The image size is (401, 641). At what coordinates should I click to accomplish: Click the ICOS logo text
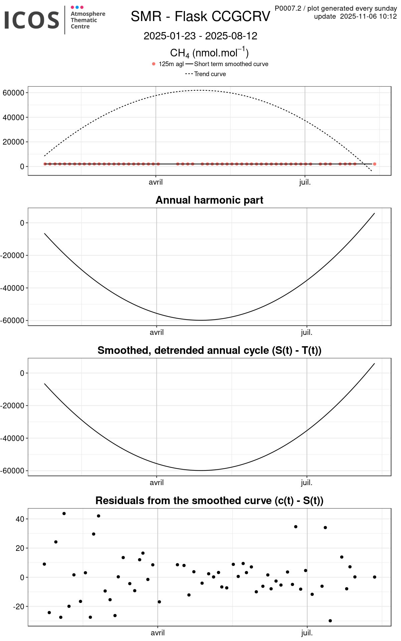[x=32, y=20]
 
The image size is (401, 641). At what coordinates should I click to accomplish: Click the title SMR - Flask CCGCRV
[x=200, y=16]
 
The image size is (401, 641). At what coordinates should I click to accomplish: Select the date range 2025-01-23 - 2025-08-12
[x=200, y=36]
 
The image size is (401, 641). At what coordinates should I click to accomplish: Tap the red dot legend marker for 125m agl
[x=154, y=64]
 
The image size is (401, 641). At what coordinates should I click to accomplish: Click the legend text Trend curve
[x=210, y=74]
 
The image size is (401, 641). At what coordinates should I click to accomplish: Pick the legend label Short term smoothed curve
[x=231, y=64]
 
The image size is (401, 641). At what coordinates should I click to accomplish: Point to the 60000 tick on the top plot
[x=13, y=93]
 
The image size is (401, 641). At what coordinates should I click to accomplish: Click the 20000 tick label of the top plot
[x=13, y=142]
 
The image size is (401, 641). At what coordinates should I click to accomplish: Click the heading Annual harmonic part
[x=209, y=200]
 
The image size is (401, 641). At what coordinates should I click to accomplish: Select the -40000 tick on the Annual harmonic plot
[x=12, y=288]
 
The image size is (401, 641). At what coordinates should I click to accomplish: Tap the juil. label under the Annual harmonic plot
[x=306, y=333]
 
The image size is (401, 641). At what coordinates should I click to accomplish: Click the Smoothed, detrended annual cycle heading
[x=209, y=350]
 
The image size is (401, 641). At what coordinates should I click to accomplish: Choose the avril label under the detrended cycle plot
[x=156, y=483]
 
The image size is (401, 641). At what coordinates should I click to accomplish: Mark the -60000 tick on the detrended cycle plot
[x=12, y=471]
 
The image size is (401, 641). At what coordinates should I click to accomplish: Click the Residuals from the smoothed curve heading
[x=209, y=500]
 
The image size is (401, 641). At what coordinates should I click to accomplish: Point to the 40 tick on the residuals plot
[x=20, y=519]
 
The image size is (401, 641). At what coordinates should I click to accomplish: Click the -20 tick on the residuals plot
[x=18, y=606]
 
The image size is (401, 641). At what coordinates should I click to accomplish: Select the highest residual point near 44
[x=64, y=513]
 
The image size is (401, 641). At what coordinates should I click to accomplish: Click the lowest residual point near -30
[x=330, y=621]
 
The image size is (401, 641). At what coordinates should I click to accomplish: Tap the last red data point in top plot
[x=375, y=164]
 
